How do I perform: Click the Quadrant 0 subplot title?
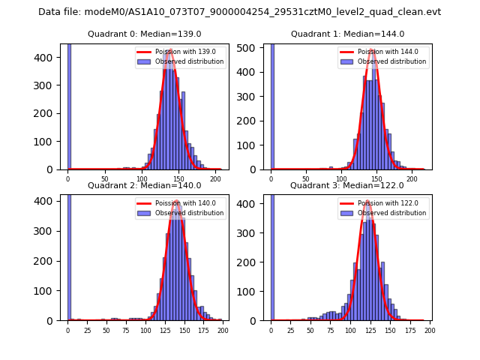pyautogui.click(x=145, y=34)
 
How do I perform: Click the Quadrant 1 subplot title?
pyautogui.click(x=348, y=34)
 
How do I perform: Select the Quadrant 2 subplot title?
pyautogui.click(x=145, y=185)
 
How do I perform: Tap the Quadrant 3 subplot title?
pyautogui.click(x=347, y=185)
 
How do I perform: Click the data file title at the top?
pyautogui.click(x=239, y=12)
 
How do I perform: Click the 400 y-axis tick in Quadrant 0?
pyautogui.click(x=49, y=58)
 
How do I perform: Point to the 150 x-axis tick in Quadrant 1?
pyautogui.click(x=376, y=179)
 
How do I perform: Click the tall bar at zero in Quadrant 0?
pyautogui.click(x=69, y=105)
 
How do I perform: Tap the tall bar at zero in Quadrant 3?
pyautogui.click(x=272, y=255)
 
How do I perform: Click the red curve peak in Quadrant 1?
pyautogui.click(x=372, y=50)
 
